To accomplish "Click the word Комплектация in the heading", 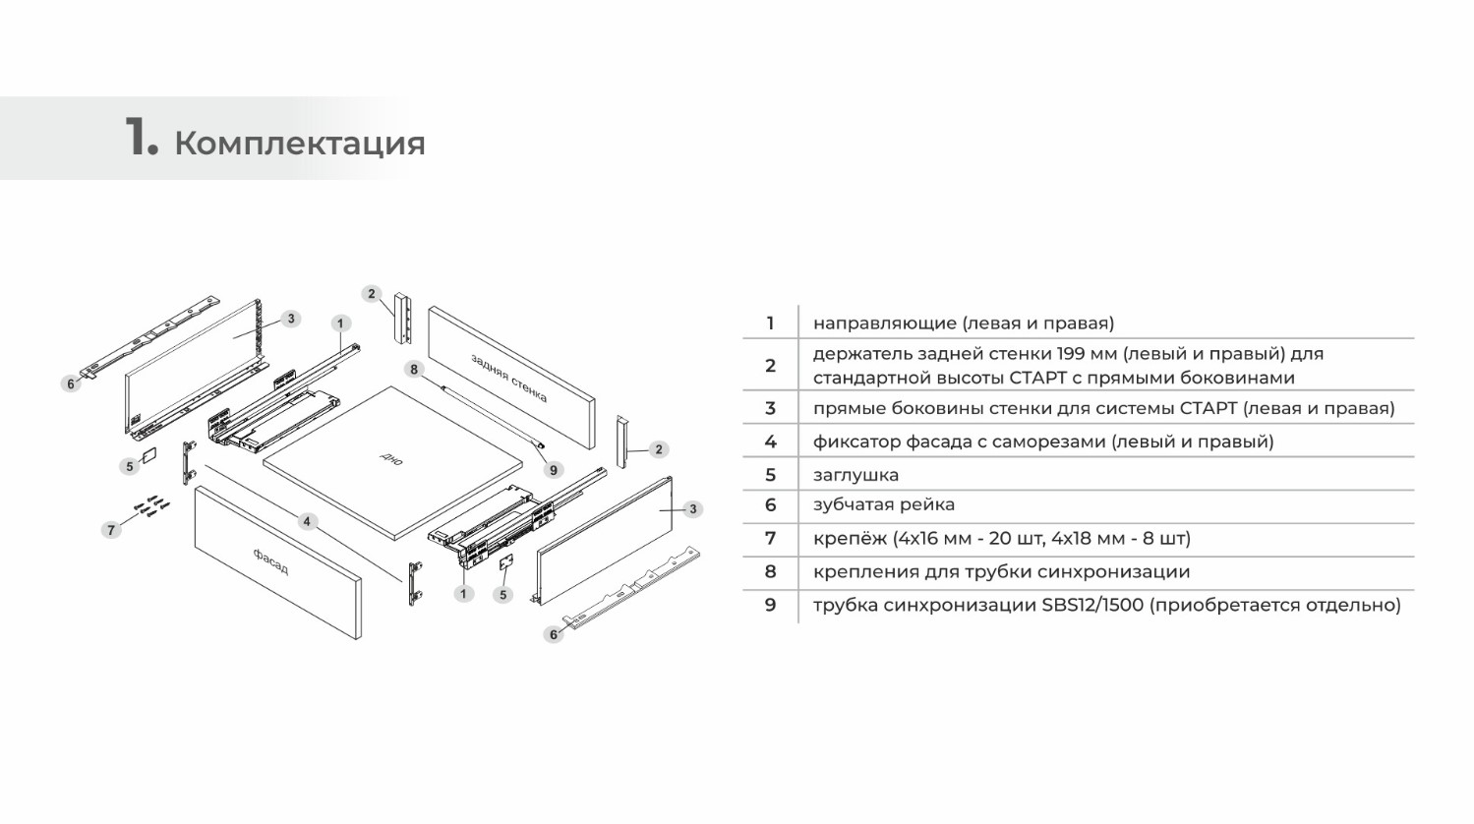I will pyautogui.click(x=300, y=144).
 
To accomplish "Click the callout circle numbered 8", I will pyautogui.click(x=414, y=370).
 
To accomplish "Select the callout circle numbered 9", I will pyautogui.click(x=553, y=470).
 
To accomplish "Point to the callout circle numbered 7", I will pyautogui.click(x=111, y=530).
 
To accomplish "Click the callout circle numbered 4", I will pyautogui.click(x=307, y=521).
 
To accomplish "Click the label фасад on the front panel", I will pyautogui.click(x=271, y=562).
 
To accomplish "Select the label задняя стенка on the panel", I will pyautogui.click(x=508, y=378).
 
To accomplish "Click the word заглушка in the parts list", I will pyautogui.click(x=855, y=475).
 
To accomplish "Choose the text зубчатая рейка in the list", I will pyautogui.click(x=883, y=504).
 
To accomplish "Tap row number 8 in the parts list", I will pyautogui.click(x=770, y=571).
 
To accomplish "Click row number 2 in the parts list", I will pyautogui.click(x=770, y=366).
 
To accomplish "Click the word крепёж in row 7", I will pyautogui.click(x=850, y=539).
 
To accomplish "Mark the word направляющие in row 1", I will pyautogui.click(x=884, y=324).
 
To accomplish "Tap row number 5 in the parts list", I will pyautogui.click(x=770, y=475).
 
